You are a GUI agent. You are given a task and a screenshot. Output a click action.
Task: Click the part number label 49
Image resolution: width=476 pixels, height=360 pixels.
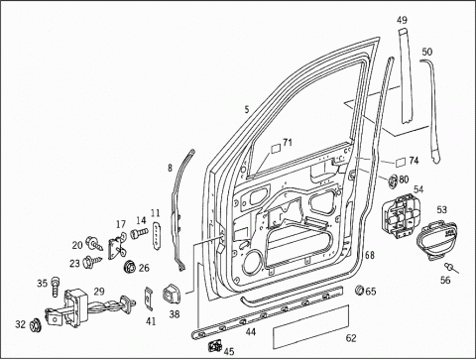[x=402, y=20]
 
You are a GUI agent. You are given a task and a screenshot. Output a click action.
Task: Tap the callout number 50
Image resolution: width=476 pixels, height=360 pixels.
[x=427, y=52]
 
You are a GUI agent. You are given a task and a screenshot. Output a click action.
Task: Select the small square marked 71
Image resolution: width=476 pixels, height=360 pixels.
[x=276, y=148]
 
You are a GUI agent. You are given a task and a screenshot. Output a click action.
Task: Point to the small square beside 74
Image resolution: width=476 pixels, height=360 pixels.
[x=401, y=162]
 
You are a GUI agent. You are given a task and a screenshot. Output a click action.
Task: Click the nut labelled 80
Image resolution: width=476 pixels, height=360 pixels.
[x=393, y=180]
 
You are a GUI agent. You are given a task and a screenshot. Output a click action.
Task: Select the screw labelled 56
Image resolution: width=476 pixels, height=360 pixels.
[x=450, y=267]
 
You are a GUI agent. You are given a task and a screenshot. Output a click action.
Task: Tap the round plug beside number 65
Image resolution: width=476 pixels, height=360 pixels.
[x=359, y=290]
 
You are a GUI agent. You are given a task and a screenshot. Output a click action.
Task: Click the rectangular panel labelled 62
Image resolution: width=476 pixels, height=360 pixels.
[x=310, y=326]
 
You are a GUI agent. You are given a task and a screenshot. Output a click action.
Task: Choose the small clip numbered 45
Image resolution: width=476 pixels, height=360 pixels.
[x=215, y=346]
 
